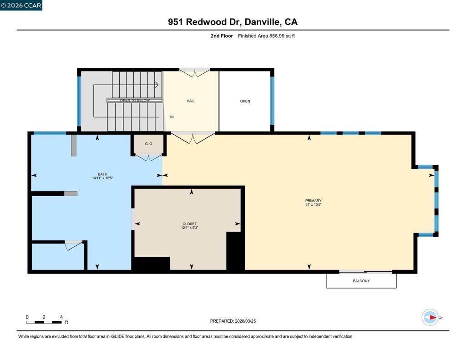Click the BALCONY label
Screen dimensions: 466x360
(361, 281)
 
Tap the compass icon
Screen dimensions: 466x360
(430, 318)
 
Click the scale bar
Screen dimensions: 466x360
(44, 322)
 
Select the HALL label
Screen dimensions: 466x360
(191, 101)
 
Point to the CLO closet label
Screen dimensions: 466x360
(148, 144)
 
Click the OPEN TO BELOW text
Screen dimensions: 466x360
(135, 101)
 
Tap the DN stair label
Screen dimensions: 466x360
(171, 117)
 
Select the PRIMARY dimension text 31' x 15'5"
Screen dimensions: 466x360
(313, 204)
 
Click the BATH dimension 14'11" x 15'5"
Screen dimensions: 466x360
(102, 178)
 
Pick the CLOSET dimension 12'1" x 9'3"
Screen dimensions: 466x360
(190, 228)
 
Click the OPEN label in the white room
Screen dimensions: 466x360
(245, 101)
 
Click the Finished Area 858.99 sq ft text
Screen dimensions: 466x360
(266, 36)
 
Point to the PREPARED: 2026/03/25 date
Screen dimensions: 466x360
(233, 321)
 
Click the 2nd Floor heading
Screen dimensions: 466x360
(222, 36)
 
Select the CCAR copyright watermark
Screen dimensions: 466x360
(21, 5)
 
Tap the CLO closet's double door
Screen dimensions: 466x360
(149, 157)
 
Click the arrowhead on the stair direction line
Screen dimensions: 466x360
(157, 85)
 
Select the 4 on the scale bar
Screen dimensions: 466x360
(61, 317)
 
